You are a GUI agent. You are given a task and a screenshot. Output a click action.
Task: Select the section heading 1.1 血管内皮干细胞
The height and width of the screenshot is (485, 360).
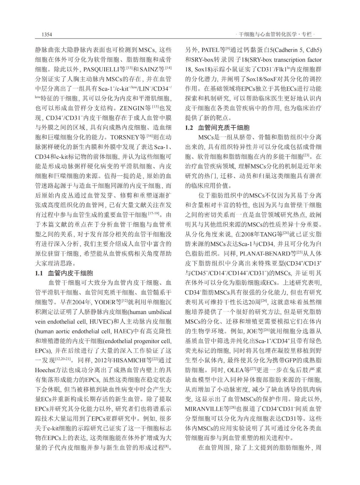tap(64, 273)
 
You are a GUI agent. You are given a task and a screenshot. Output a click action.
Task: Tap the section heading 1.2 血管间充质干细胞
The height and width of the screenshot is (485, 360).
tap(217, 128)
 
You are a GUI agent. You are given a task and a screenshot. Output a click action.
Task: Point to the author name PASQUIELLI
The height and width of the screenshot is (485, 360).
tap(105, 69)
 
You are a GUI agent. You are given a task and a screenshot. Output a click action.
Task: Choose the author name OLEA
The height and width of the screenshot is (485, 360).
tap(235, 370)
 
